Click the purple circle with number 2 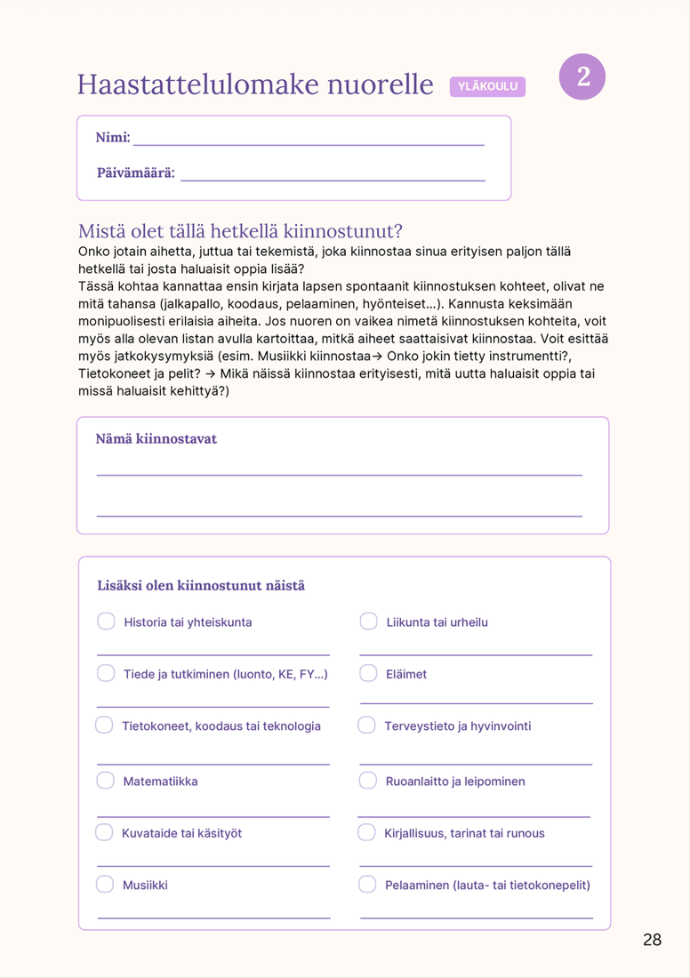pos(582,76)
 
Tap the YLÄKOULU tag pos(487,86)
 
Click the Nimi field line pos(308,142)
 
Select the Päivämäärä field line pos(333,178)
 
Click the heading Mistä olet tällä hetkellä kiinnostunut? pos(240,231)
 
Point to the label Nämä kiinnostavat pos(156,439)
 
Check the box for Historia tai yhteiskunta pos(107,621)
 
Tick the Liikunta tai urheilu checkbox pos(369,621)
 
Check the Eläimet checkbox pos(369,673)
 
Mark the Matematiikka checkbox pos(106,781)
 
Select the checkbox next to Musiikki pos(105,885)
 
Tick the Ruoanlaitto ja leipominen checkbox pos(368,781)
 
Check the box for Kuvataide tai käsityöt pos(105,832)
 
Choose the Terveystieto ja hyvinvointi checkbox pos(367,725)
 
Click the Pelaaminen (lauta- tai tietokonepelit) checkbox pos(367,885)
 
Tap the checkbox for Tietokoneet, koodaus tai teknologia pos(105,725)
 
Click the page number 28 pos(652,940)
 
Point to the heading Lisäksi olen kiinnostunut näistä pos(201,586)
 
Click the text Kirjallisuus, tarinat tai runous pos(464,833)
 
